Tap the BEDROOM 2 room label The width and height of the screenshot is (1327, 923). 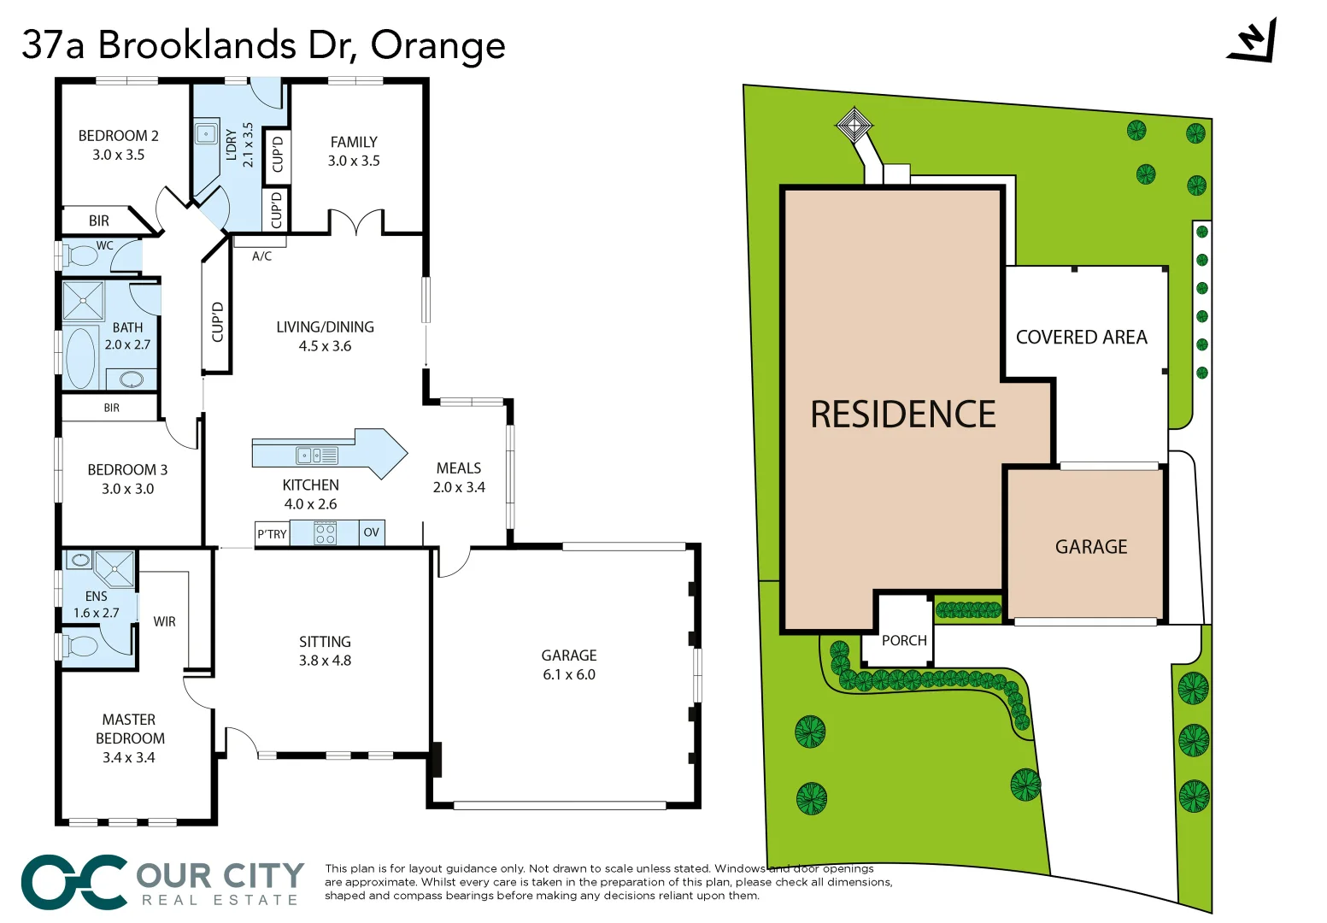[118, 136]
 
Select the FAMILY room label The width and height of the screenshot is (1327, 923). [354, 142]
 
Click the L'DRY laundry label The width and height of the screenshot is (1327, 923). [231, 144]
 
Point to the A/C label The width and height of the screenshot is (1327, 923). [261, 256]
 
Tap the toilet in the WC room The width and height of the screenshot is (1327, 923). [83, 256]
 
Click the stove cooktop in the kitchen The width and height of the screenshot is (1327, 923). [325, 534]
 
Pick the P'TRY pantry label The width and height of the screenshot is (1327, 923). [272, 534]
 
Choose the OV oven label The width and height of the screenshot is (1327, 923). [371, 532]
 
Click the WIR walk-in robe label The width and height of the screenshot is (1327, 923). [164, 622]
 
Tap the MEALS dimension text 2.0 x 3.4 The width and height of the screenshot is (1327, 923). [459, 487]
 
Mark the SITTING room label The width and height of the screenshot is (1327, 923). [325, 642]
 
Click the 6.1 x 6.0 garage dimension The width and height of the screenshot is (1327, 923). [569, 674]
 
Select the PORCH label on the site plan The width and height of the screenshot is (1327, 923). [904, 640]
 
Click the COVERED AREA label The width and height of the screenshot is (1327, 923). [1081, 338]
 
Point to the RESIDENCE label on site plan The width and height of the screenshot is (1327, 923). [902, 414]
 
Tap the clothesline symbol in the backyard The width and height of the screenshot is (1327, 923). [854, 126]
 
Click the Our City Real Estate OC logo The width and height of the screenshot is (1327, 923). [74, 882]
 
